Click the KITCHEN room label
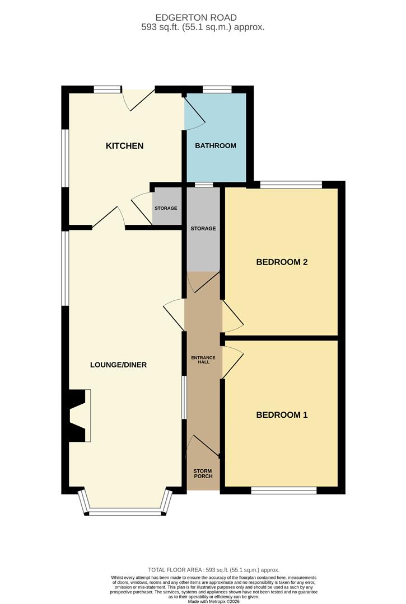point(124,145)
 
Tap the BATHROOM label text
point(216,145)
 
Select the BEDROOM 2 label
point(282,262)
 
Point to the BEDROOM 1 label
point(282,415)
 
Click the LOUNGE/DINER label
point(118,365)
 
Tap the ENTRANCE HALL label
point(203,360)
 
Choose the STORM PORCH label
point(203,474)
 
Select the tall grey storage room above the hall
point(203,230)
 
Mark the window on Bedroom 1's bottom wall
point(284,490)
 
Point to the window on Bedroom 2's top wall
point(291,185)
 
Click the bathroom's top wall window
point(217,89)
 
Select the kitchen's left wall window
point(65,158)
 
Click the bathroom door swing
point(195,113)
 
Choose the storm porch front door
point(203,447)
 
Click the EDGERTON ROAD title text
point(196,17)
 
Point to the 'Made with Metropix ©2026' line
point(213,601)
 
